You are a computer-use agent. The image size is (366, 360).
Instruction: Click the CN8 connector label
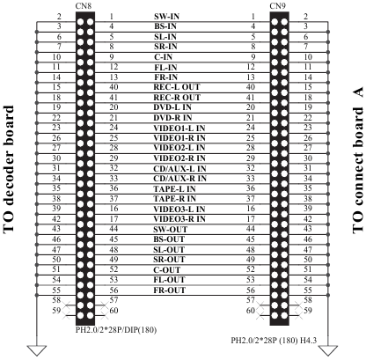coord(84,6)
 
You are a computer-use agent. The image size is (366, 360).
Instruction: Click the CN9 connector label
coord(277,6)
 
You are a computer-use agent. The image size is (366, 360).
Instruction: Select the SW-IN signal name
coord(166,17)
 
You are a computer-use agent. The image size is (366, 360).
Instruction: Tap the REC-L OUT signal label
coord(177,87)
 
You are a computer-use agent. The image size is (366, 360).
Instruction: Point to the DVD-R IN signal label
coord(172,118)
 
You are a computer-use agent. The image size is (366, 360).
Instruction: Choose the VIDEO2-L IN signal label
coord(179,148)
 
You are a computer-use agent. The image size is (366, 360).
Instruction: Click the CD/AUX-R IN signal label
coord(179,179)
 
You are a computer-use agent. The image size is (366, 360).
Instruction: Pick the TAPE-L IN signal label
coord(174,188)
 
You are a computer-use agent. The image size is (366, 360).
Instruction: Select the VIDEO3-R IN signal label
coord(179,219)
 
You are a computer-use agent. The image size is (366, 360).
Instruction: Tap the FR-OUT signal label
coord(170,290)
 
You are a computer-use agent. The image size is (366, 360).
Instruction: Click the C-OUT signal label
coord(167,270)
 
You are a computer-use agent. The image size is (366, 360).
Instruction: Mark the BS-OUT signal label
coord(169,239)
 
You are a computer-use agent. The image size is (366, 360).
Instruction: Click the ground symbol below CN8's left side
coord(37,350)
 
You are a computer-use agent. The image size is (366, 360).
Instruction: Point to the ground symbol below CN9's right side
coord(328,350)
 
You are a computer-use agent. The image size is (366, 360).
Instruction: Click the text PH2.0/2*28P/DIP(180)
coord(116,330)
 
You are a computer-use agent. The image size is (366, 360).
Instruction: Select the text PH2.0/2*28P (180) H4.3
coord(274,341)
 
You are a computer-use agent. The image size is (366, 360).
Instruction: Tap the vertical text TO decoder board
coord(9,170)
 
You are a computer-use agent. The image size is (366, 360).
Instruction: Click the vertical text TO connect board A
coord(358,160)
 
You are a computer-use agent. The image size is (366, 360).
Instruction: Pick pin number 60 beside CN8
coord(113,311)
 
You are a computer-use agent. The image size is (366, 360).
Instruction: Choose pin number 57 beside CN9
coord(251,300)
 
